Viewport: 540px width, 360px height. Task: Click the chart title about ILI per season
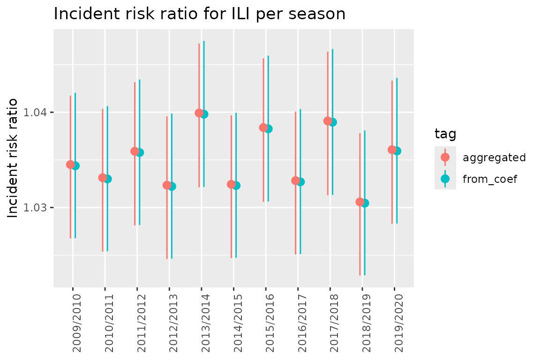tap(200, 14)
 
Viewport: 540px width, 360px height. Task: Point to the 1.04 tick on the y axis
tap(39, 112)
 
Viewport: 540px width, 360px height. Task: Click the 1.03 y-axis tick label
tap(39, 208)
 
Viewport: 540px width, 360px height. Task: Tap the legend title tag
tap(446, 135)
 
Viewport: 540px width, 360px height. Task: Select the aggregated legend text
tap(494, 157)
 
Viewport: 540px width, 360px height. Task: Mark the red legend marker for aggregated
tap(445, 157)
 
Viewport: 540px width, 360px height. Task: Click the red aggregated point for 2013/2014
tap(199, 113)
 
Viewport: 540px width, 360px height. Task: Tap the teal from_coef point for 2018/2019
tap(365, 203)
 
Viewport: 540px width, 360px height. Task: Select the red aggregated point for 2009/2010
tap(70, 165)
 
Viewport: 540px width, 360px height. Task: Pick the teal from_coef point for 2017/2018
tap(333, 122)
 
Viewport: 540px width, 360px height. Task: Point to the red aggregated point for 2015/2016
tap(263, 127)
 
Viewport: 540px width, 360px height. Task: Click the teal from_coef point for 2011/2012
tap(140, 152)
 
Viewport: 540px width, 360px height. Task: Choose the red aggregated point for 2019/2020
tap(392, 150)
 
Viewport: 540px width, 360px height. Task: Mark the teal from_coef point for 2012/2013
tap(172, 186)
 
